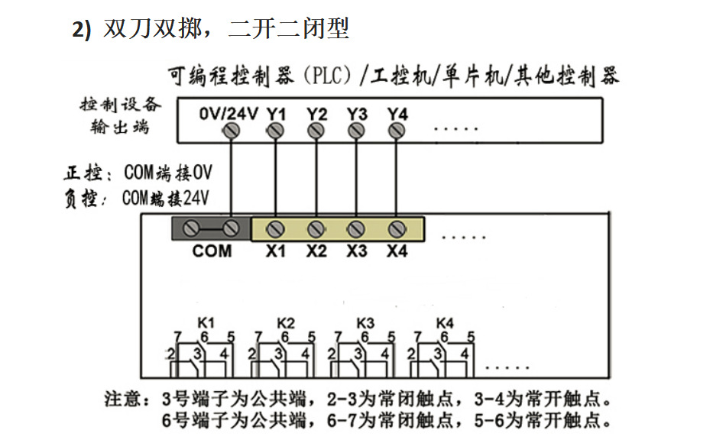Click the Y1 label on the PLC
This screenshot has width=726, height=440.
277,114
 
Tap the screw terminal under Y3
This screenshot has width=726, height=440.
356,131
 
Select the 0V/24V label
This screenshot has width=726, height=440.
228,114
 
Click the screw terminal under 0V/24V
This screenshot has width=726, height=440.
233,131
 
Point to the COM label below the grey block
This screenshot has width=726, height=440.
212,251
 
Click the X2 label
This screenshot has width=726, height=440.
316,251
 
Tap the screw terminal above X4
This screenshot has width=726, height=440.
396,228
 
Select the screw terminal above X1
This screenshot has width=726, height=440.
276,228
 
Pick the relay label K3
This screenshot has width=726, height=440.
365,322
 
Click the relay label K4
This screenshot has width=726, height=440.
445,322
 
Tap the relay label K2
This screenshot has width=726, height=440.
286,322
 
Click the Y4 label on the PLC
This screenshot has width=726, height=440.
397,114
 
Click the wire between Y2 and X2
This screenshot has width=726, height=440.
316,180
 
